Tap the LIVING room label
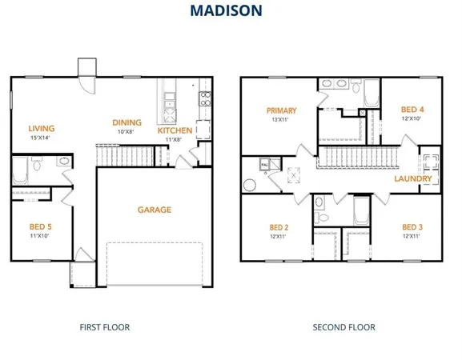pos(42,128)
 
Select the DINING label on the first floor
pos(127,122)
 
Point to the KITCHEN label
pos(175,130)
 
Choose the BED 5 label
pos(41,227)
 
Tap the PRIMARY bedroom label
pos(282,110)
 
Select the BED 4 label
pos(412,110)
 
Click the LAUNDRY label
pos(413,178)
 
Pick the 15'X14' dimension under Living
pos(40,138)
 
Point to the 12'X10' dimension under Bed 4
pos(412,119)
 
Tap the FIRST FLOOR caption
pos(104,327)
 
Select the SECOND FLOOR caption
pos(343,327)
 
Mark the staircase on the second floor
pos(358,158)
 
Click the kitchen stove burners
pos(205,99)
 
